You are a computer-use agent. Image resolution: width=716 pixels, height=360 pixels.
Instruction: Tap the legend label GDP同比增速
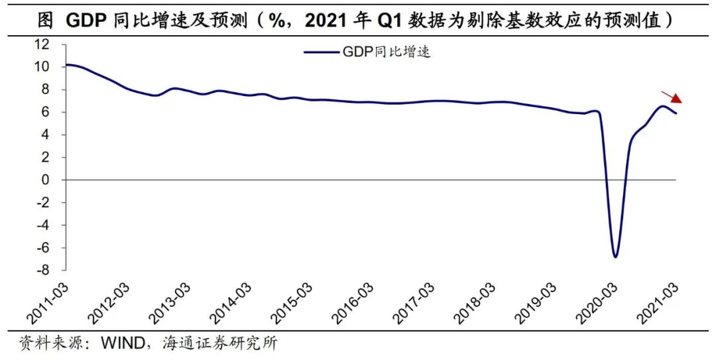387,52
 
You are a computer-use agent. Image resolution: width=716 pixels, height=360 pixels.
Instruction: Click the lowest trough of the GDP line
615,256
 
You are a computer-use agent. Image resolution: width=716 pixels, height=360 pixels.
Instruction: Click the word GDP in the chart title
85,21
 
